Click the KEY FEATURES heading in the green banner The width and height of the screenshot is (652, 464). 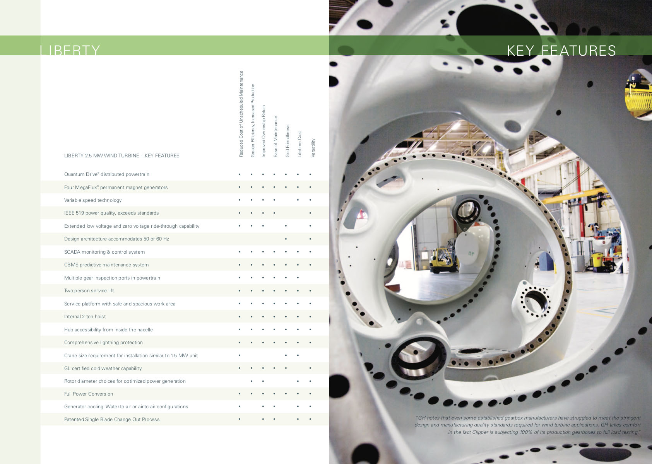pos(561,51)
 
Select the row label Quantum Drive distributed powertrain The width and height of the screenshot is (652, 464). pos(106,174)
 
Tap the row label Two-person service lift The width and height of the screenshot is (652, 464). pos(89,291)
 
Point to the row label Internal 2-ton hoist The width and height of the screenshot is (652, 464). pos(85,317)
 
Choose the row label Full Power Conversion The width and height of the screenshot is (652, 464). pos(89,394)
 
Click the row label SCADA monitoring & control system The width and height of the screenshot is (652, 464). pos(104,252)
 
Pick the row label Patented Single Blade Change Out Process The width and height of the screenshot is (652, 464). pos(112,420)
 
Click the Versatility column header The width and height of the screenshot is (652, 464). pos(313,148)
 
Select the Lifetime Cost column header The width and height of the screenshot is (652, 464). pos(299,144)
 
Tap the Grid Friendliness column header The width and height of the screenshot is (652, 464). pos(287,141)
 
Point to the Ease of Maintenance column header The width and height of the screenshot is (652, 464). pos(276,137)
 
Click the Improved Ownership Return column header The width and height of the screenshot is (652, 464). pos(264,131)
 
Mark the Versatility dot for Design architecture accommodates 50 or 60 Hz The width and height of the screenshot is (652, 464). pos(310,239)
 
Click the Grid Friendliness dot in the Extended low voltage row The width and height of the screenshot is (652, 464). pos(286,226)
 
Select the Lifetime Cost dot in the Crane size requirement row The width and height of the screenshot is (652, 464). pos(298,355)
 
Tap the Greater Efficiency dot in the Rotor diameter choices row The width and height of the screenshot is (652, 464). pos(252,381)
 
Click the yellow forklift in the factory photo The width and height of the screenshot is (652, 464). pos(443,260)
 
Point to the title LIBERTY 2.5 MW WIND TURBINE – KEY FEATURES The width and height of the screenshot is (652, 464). pos(122,156)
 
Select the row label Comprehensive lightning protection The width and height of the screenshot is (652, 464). pos(103,343)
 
